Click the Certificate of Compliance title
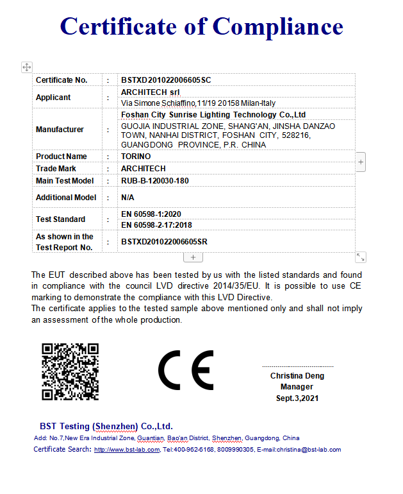(201, 26)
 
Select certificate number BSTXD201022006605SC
(166, 80)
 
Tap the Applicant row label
(53, 98)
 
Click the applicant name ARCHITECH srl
(146, 92)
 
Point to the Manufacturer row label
(60, 130)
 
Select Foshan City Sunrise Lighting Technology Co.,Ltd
(213, 114)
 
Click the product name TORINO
(136, 157)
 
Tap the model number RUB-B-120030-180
(154, 181)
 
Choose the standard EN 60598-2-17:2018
(156, 225)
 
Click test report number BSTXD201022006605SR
(166, 242)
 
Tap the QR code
(70, 372)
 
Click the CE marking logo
(186, 371)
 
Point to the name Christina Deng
(297, 376)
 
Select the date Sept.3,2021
(297, 398)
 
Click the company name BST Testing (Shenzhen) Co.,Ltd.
(106, 426)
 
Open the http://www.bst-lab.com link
(126, 450)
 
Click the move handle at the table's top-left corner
(26, 67)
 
